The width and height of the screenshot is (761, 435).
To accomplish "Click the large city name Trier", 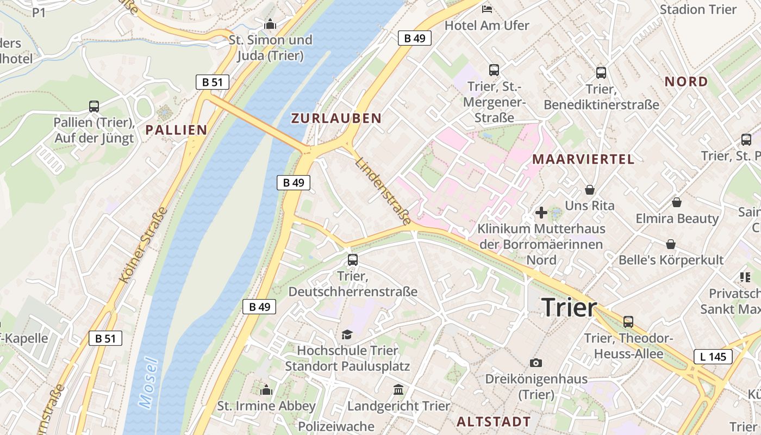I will pos(569,308).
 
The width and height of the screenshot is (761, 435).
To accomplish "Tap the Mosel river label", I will pos(148,382).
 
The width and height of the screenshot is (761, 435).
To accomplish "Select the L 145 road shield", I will pos(713,357).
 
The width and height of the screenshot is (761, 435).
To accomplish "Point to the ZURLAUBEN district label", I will pos(336,118).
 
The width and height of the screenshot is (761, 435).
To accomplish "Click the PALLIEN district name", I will pos(176,129).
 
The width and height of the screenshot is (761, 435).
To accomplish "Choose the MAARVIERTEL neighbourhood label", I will pos(583,159).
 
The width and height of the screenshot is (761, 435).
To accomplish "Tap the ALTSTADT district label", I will pos(494,421).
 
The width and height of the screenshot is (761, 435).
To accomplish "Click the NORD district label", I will pos(687,82).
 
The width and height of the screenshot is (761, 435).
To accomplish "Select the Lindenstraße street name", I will pos(384,191).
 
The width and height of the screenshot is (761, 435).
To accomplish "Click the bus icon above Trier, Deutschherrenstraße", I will pos(353,260).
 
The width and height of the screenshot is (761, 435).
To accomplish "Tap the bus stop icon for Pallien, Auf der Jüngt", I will pos(94,107).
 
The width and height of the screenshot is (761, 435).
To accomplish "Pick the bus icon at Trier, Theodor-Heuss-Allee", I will pos(628,321).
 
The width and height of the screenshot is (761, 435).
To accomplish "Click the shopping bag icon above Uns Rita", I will pos(590,190).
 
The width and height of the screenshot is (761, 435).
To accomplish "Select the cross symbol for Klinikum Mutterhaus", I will pos(541,213).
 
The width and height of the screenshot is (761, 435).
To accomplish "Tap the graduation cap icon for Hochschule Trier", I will pos(347,334).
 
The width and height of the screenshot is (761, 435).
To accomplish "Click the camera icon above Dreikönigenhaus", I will pos(536,363).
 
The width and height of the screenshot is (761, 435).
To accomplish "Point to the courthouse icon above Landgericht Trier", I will pos(398,389).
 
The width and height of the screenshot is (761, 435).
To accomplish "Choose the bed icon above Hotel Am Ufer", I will pos(487,9).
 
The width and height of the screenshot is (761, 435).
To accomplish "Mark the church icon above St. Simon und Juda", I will pos(270,24).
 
